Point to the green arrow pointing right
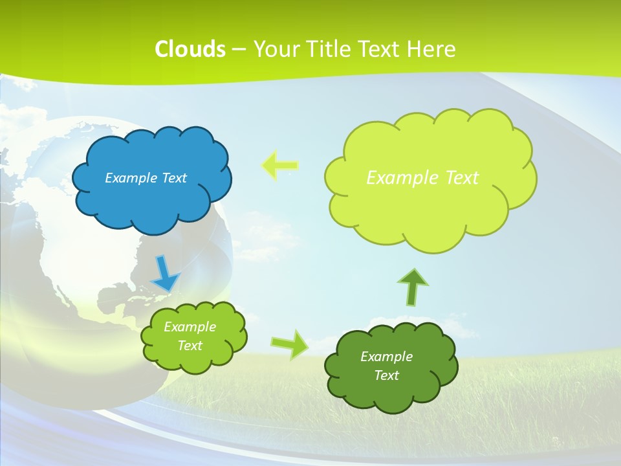[289, 344]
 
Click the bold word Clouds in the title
[190, 49]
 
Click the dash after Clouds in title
[238, 49]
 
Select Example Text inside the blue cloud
[146, 177]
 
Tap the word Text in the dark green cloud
[386, 375]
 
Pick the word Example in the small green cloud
[190, 327]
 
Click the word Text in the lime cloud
[462, 177]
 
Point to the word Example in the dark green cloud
[386, 357]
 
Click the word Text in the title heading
[383, 49]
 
